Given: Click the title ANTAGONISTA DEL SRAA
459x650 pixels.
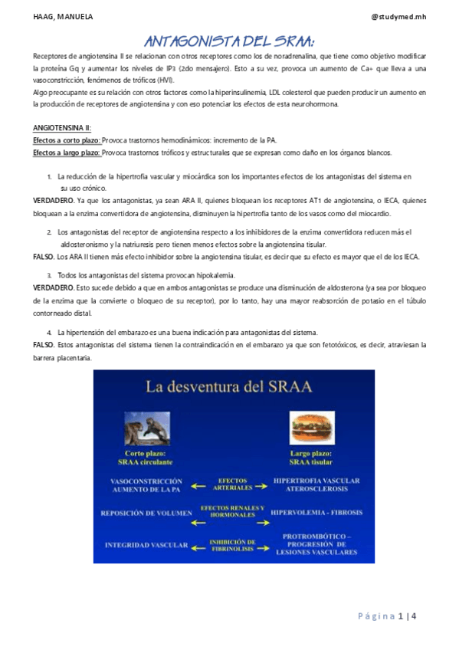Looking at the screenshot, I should click(x=229, y=40).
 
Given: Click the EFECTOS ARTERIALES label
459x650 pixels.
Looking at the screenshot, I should click(x=231, y=484).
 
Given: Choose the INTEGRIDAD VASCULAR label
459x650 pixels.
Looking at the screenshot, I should click(x=146, y=546).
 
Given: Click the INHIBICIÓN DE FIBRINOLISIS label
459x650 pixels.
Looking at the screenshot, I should click(x=231, y=546).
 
